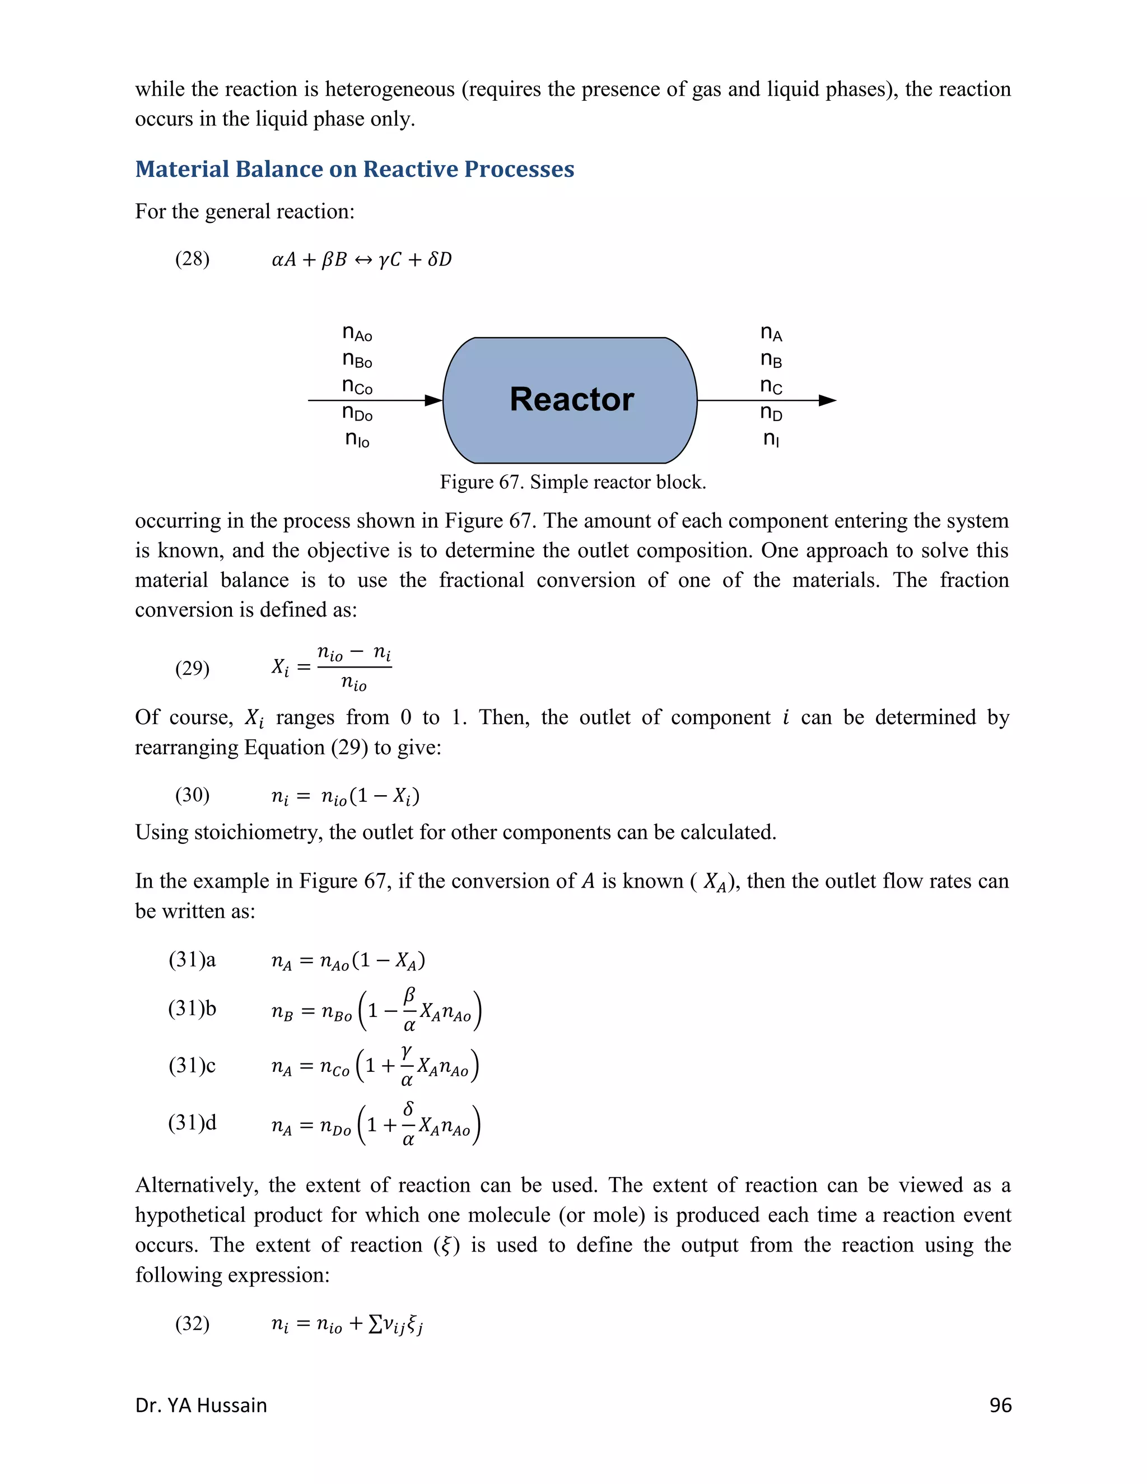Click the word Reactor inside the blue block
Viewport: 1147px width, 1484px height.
click(x=571, y=399)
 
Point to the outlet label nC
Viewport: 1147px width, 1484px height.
click(x=771, y=386)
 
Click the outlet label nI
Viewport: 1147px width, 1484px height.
click(x=771, y=439)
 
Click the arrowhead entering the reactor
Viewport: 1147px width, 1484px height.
click(x=433, y=400)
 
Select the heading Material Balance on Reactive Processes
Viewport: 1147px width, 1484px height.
click(x=355, y=169)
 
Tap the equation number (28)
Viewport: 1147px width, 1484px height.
click(x=192, y=259)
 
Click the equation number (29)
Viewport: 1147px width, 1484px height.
click(x=192, y=669)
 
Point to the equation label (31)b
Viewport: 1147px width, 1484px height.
click(x=192, y=1009)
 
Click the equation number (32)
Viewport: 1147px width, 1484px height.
click(x=192, y=1324)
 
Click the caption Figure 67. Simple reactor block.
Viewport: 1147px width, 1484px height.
click(x=573, y=482)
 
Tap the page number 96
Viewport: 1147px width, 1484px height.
click(x=1000, y=1405)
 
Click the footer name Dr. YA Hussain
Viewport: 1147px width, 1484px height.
click(x=201, y=1405)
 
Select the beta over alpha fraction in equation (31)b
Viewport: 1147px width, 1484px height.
click(x=409, y=1010)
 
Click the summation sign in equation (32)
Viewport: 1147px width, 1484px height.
click(x=375, y=1324)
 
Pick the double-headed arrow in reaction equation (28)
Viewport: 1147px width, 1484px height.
click(x=362, y=260)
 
